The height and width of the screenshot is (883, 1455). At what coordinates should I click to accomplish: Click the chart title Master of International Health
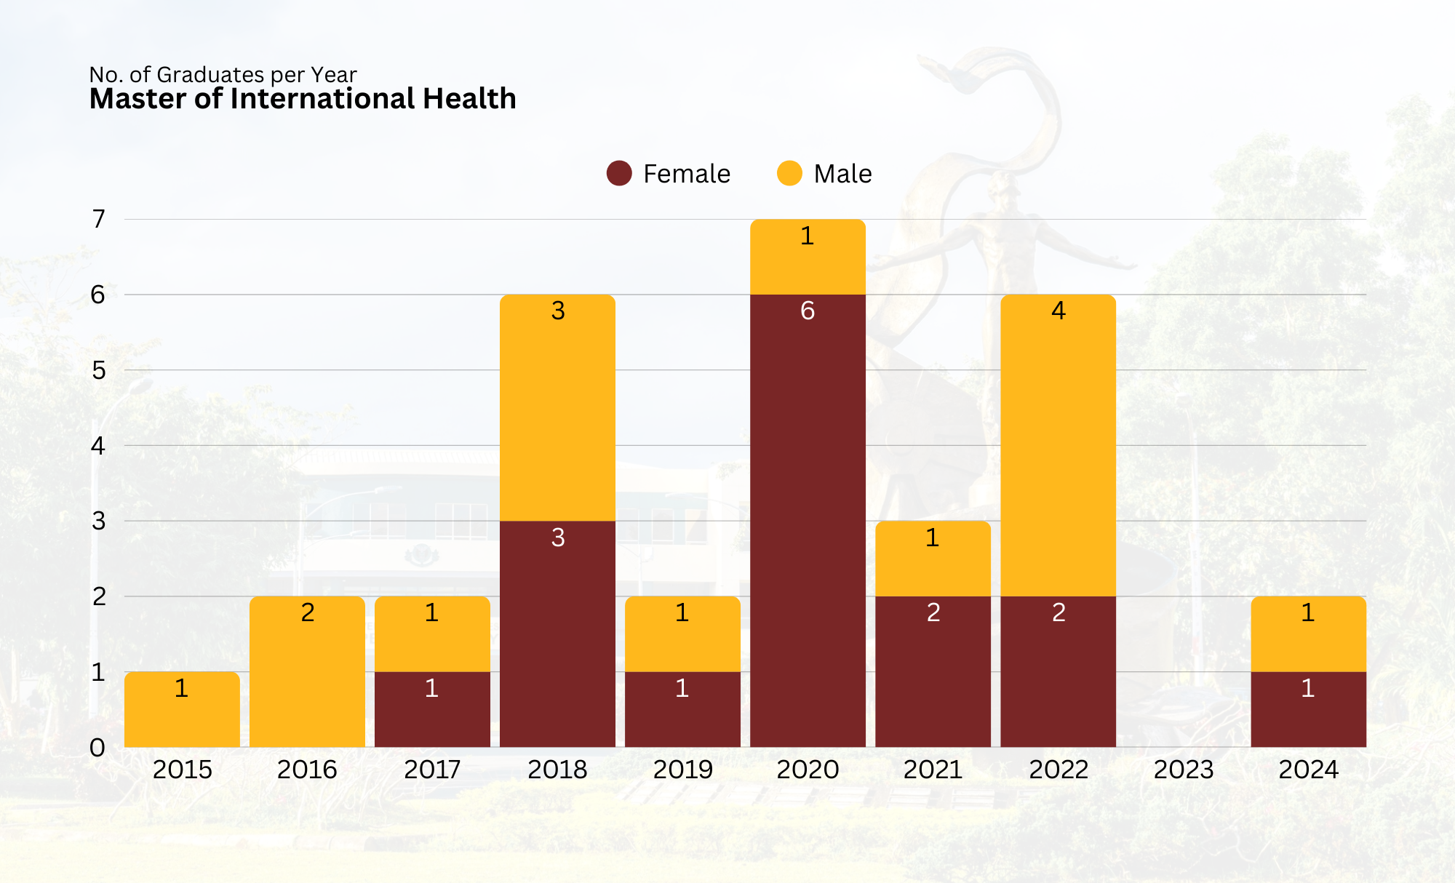tap(303, 99)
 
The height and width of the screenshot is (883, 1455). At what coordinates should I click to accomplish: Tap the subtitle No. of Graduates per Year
tap(223, 74)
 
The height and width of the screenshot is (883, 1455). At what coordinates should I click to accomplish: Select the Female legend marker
tap(619, 173)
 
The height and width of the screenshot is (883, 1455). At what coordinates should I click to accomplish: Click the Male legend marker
tap(789, 173)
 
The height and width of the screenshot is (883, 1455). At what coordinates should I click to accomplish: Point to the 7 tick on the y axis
tap(98, 219)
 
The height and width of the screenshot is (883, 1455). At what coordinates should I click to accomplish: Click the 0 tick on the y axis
tap(97, 748)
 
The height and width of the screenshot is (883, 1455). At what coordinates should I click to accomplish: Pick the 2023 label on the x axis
tap(1184, 770)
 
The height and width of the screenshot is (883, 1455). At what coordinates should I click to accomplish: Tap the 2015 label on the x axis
tap(182, 770)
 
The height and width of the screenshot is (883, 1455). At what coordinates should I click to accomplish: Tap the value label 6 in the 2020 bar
tap(808, 311)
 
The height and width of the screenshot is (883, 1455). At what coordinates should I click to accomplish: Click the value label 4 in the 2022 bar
tap(1059, 311)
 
